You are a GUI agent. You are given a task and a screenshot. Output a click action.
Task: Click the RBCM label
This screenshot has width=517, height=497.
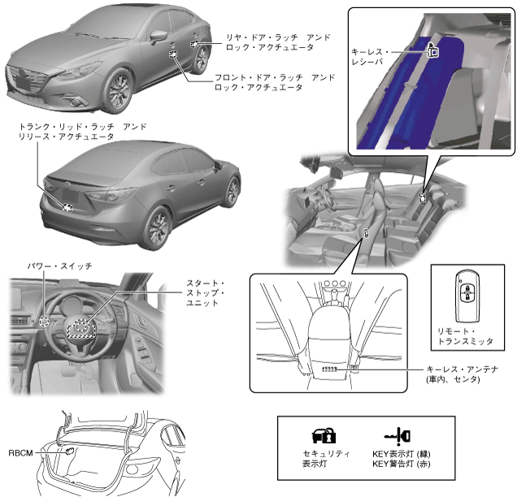click(21, 452)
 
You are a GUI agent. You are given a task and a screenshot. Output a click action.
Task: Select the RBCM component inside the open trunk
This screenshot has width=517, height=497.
click(70, 449)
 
